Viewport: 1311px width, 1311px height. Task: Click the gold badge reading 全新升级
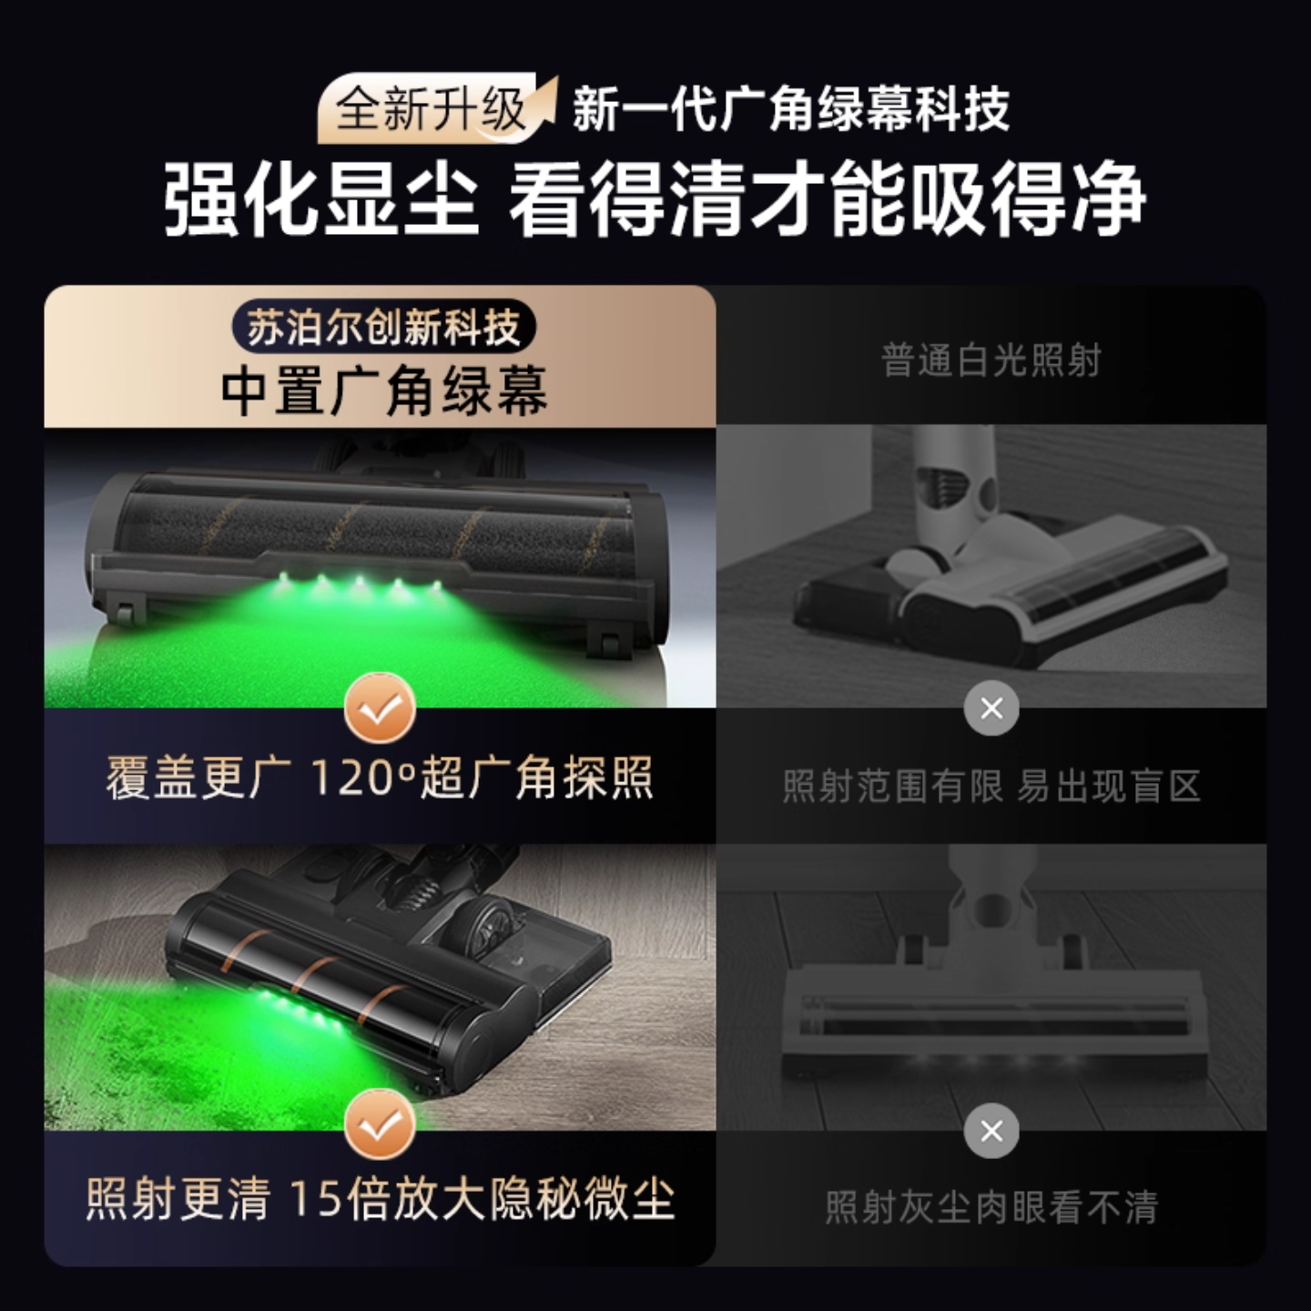tap(432, 110)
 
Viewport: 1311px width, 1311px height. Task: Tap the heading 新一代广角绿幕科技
tap(790, 110)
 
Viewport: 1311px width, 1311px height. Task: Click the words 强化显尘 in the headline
tap(320, 198)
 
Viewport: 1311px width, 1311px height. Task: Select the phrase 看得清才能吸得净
tap(826, 198)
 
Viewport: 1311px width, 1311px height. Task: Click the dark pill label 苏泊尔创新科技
tap(382, 328)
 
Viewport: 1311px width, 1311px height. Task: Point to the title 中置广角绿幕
tap(383, 391)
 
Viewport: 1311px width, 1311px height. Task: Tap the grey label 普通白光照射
tap(991, 361)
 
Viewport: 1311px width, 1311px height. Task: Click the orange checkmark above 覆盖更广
tap(380, 707)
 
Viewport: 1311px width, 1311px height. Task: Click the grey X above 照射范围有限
tap(991, 707)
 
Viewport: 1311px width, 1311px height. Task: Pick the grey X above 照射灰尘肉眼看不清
tap(991, 1131)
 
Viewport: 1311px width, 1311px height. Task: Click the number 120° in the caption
tap(362, 779)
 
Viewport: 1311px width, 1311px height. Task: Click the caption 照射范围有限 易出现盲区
tap(991, 786)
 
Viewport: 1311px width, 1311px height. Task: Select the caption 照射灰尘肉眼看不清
tap(991, 1207)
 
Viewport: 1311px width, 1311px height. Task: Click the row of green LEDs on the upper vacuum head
tap(360, 583)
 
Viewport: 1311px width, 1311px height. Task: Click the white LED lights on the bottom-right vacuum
tap(992, 1062)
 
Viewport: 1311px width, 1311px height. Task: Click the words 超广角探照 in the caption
tap(535, 779)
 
